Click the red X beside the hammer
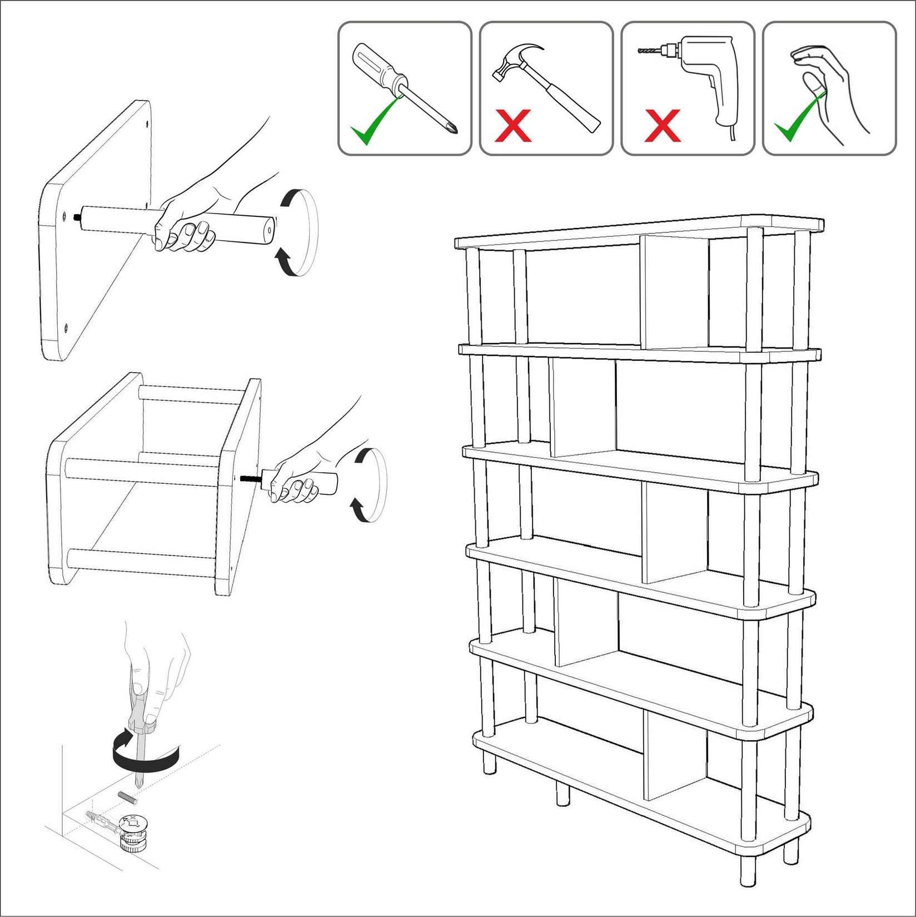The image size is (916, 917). click(513, 125)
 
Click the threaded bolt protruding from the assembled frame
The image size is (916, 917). click(250, 478)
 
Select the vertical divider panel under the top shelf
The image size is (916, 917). click(674, 293)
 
